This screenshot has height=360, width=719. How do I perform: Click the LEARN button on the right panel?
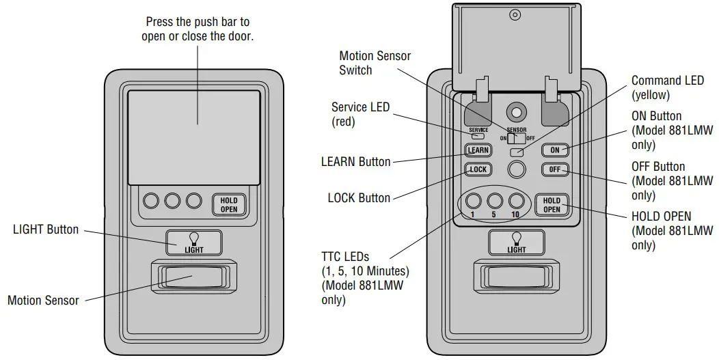[x=478, y=150]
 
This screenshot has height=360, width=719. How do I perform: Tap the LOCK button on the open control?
[x=478, y=169]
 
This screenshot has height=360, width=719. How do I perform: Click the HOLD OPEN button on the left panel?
[x=229, y=204]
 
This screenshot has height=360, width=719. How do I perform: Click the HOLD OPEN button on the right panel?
[x=552, y=205]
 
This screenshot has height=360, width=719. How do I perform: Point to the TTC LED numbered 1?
[x=472, y=201]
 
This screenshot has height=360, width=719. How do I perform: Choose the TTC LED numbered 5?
[x=495, y=201]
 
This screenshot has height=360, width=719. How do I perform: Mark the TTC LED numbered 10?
[x=517, y=201]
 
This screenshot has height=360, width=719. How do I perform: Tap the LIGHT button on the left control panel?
[x=194, y=243]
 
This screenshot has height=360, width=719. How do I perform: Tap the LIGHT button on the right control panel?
[x=517, y=243]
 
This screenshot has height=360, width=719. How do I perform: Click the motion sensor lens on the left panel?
[x=193, y=277]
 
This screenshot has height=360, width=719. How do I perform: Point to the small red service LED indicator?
[x=478, y=136]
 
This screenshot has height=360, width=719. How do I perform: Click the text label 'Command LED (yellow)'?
[x=667, y=88]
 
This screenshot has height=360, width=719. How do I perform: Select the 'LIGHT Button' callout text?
[x=46, y=230]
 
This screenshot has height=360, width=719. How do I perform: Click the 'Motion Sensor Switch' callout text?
[x=375, y=63]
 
